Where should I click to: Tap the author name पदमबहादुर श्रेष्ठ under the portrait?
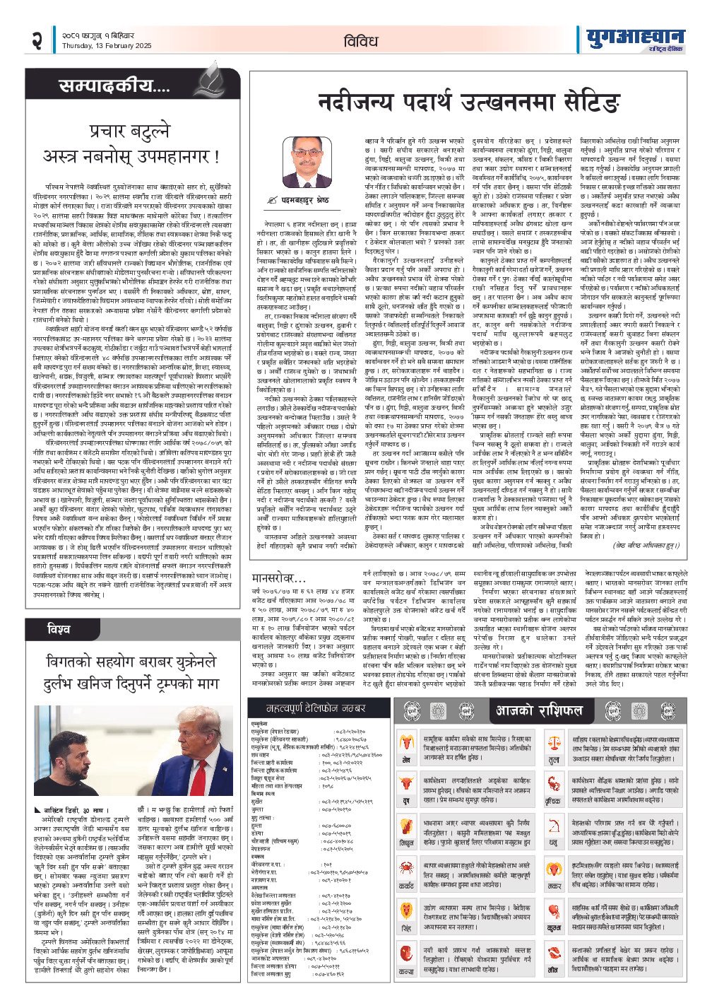(x=308, y=200)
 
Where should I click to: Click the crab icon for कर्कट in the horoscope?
(x=407, y=868)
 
